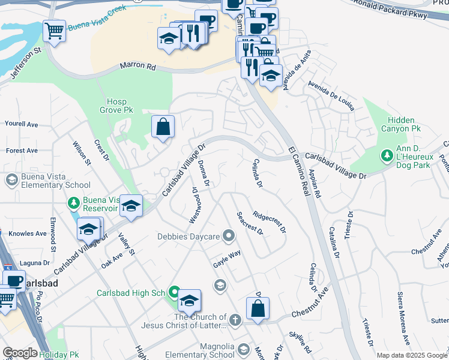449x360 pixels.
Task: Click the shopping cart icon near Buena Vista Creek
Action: coord(54,31)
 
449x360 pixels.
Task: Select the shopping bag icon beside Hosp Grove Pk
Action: coord(163,127)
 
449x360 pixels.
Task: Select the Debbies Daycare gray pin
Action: coord(228,236)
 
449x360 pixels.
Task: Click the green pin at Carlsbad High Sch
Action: coord(174,293)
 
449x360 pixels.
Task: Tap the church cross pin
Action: coord(235,320)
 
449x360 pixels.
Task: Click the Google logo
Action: coord(20,353)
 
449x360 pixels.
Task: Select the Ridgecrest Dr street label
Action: coord(270,221)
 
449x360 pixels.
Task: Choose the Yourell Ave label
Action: coord(21,124)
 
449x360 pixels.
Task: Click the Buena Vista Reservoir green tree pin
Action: coord(73,203)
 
